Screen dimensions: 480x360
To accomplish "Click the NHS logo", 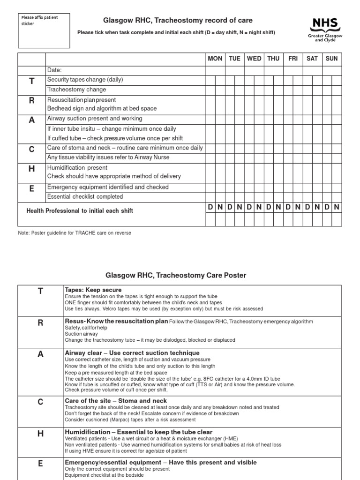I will pos(325,29).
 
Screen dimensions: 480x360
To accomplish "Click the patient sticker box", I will pos(45,31).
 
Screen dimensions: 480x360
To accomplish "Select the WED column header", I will pos(254,59).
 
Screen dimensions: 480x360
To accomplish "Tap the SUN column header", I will pos(331,59).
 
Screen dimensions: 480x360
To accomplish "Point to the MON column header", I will pos(215,59).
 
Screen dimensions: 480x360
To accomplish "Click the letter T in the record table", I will pos(32,81).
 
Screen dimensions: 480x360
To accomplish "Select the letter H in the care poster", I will pos(40,434).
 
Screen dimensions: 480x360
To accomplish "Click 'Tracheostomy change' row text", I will pos(76,90).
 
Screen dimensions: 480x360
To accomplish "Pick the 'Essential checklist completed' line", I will pos(85,197).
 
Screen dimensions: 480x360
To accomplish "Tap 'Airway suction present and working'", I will pos(95,119).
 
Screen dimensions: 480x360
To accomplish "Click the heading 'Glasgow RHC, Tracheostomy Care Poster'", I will pos(176,275).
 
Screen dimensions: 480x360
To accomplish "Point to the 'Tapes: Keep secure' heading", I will pos(93,290).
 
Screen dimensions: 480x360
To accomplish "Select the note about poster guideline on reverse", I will pos(75,233).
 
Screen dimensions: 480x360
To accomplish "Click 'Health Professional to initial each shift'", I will pos(80,211).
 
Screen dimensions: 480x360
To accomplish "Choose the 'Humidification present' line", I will pos(77,168).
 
